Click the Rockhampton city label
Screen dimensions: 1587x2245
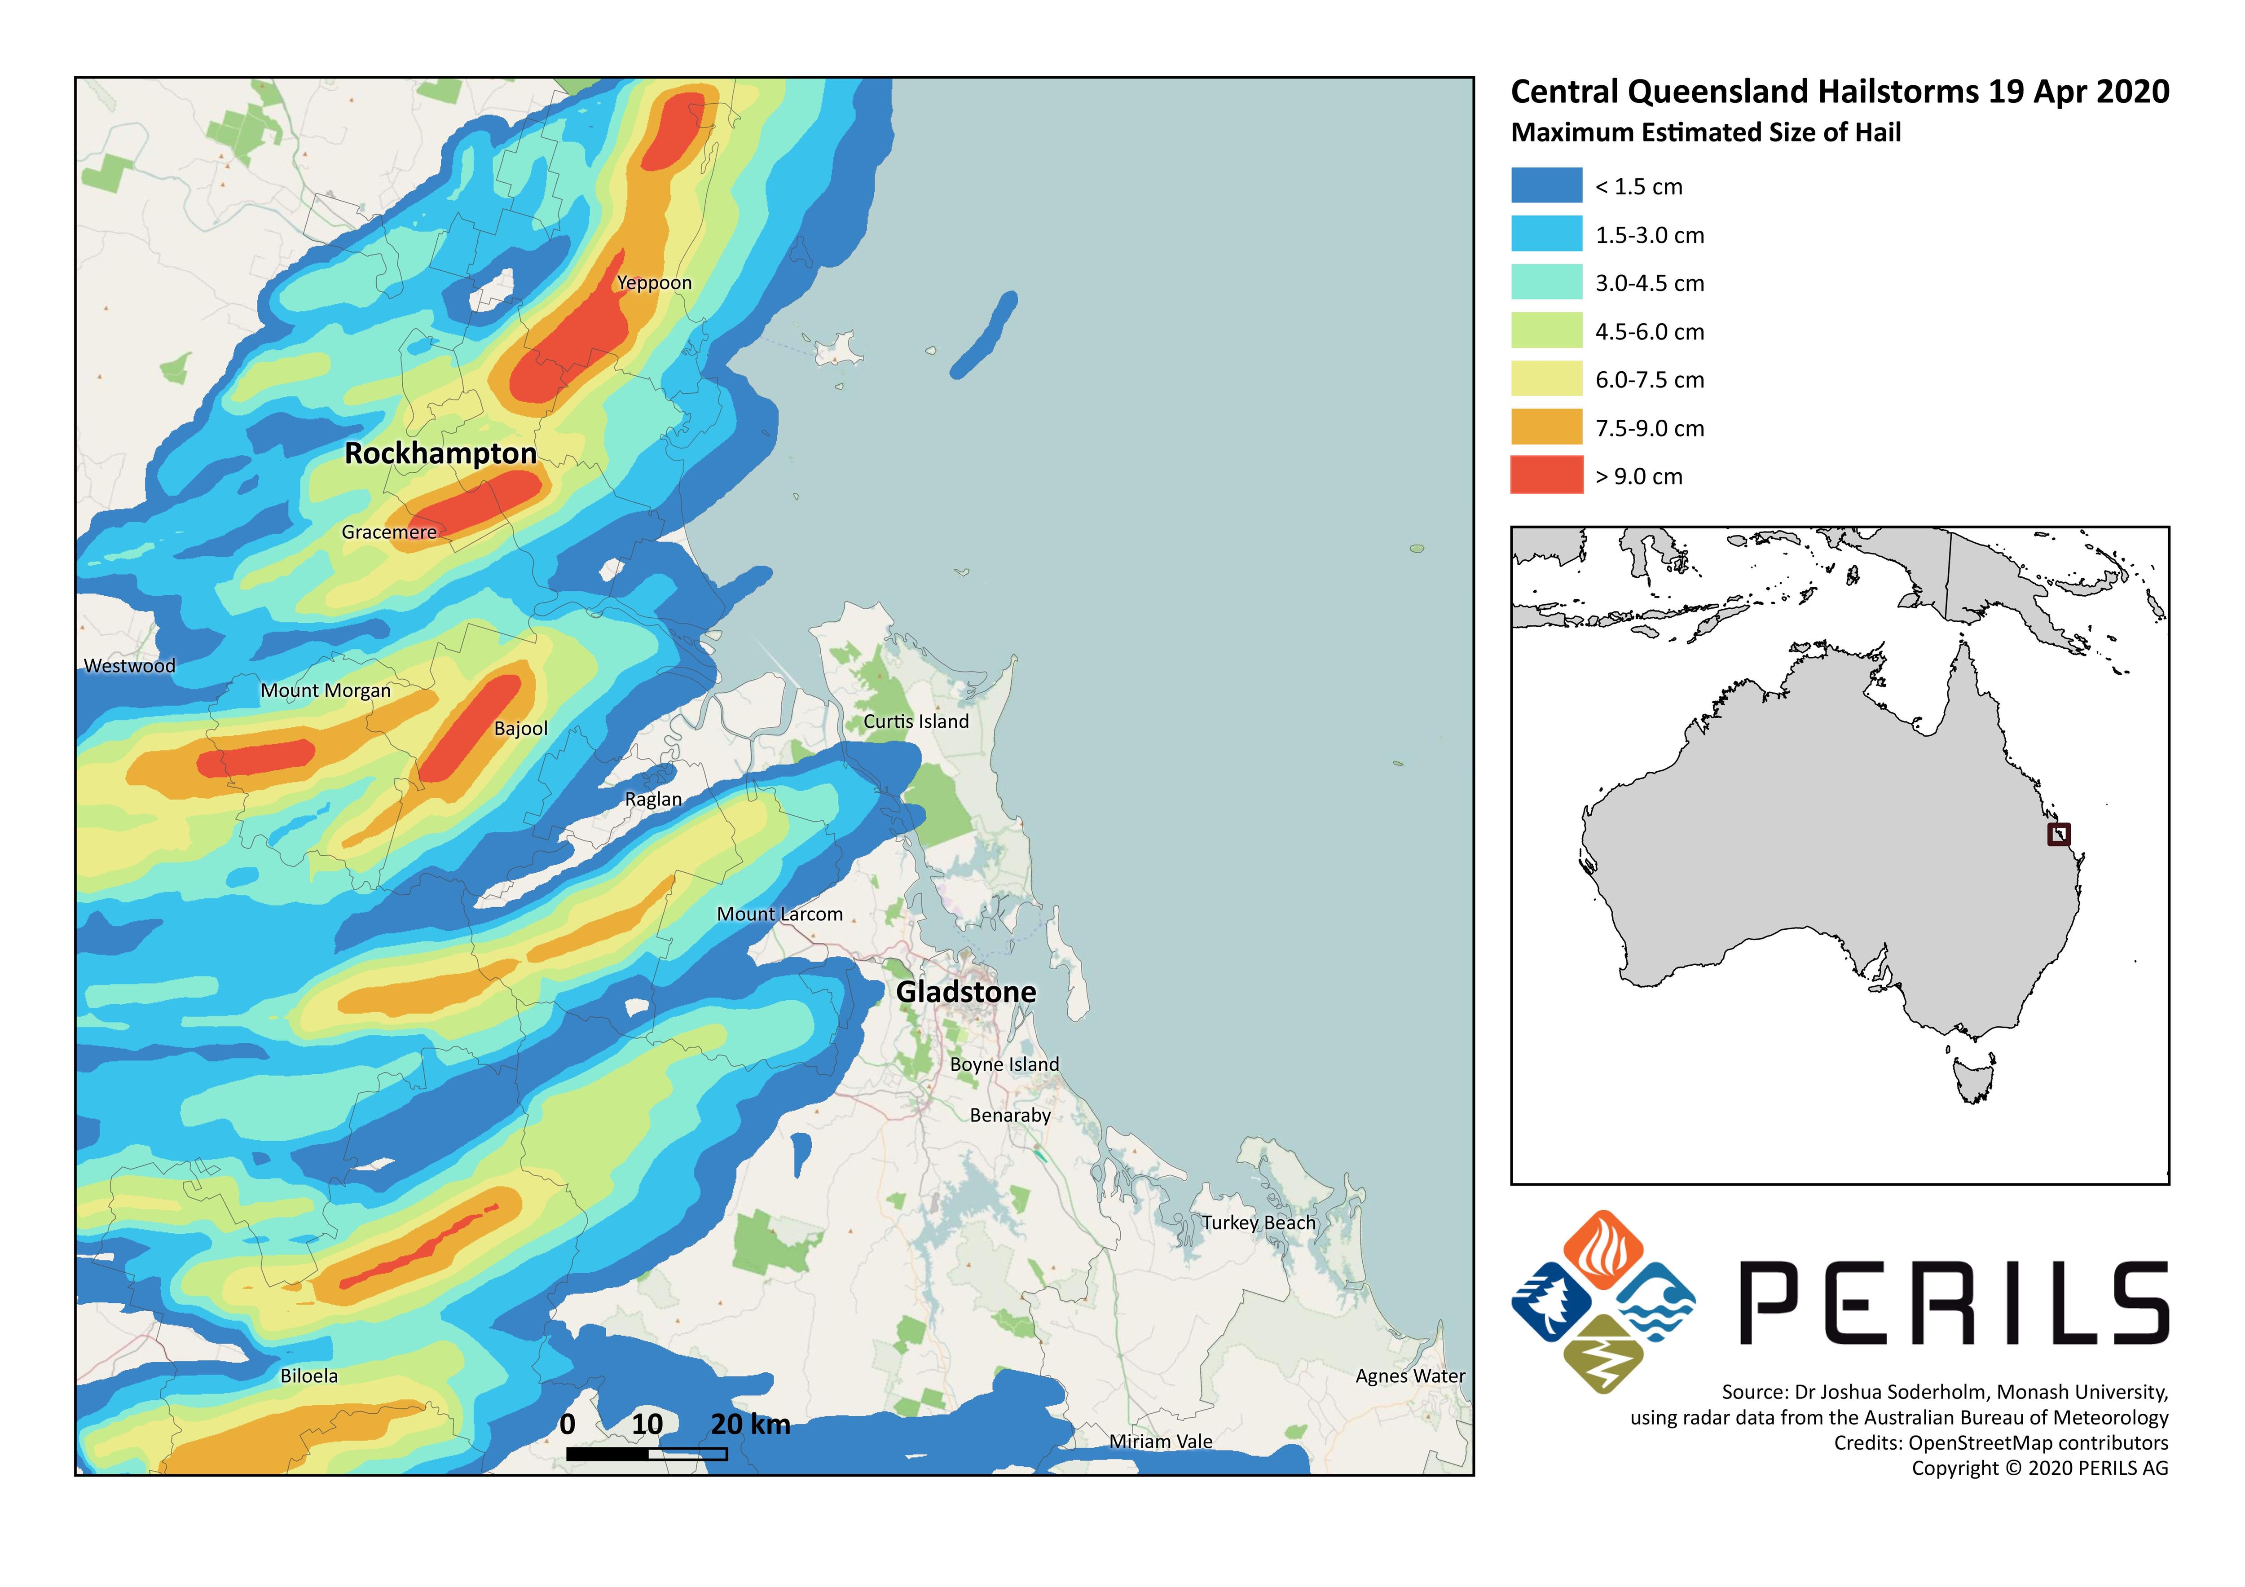tap(441, 454)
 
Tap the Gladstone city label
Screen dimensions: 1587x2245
tap(966, 993)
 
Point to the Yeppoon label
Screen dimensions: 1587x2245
tap(654, 282)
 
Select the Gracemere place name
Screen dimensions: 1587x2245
tap(389, 532)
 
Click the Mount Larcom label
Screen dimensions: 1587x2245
tap(779, 914)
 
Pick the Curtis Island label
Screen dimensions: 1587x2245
tap(916, 721)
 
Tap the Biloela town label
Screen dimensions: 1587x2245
tap(309, 1376)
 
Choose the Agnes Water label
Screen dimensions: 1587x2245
tap(1410, 1376)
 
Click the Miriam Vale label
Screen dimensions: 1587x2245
tap(1161, 1441)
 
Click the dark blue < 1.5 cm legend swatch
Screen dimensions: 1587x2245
tap(1546, 186)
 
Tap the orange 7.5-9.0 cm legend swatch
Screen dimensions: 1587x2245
tap(1546, 427)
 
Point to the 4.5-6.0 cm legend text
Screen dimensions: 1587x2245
tap(1650, 331)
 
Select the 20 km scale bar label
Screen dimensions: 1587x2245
tap(750, 1424)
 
